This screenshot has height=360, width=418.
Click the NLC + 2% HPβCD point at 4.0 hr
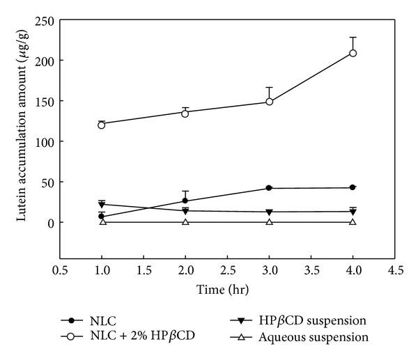(353, 53)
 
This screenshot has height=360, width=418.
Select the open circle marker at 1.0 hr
(102, 125)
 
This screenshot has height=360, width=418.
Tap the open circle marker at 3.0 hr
(269, 102)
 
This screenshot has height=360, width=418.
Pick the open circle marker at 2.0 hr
(185, 113)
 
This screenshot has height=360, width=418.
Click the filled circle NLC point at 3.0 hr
(269, 188)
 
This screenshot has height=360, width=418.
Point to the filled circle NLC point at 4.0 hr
(353, 187)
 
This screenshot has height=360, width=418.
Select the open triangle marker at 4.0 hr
(353, 221)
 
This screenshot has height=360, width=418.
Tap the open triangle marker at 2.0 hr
(185, 221)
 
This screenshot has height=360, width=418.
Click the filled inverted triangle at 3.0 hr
(269, 212)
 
